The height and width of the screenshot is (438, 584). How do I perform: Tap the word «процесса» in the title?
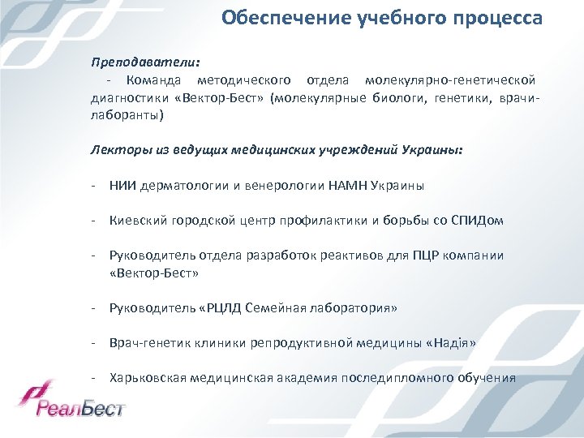[502, 18]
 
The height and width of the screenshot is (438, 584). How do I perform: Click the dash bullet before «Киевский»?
[94, 220]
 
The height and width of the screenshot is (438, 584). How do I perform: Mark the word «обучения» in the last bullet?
[486, 378]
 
